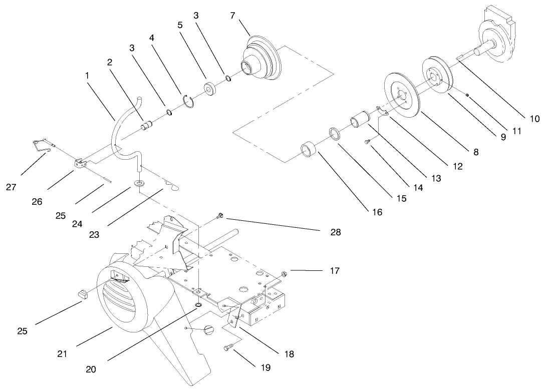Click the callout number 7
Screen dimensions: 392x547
pyautogui.click(x=233, y=16)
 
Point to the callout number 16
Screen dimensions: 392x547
pyautogui.click(x=377, y=212)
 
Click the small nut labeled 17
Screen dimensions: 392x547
pyautogui.click(x=283, y=273)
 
